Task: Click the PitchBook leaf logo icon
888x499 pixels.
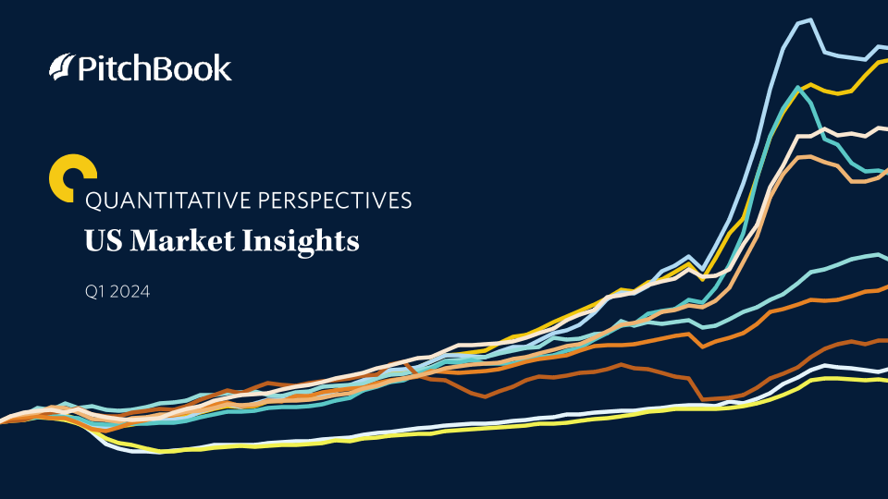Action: point(62,67)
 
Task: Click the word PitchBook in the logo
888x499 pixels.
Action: point(154,67)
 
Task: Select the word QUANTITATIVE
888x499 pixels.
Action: point(167,201)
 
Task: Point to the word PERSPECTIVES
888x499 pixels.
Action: point(335,201)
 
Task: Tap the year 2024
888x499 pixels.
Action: point(129,292)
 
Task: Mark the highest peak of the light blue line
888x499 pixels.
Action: point(811,19)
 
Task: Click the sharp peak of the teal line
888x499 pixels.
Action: point(798,88)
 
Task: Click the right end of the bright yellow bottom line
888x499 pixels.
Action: point(886,380)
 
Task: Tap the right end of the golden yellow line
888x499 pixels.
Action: point(886,59)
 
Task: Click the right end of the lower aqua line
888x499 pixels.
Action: point(886,258)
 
